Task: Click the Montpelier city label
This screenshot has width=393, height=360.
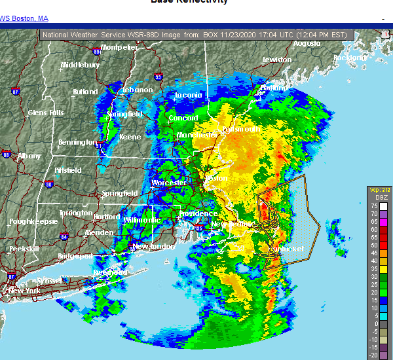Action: point(119,47)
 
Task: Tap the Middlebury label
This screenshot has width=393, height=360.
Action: point(80,65)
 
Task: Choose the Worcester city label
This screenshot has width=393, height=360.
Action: point(169,183)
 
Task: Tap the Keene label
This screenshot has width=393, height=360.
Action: point(130,137)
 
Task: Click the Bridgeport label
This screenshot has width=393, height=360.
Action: point(75,256)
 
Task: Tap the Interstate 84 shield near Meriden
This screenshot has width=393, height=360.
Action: point(64,236)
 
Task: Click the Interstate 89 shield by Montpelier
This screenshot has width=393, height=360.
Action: point(97,50)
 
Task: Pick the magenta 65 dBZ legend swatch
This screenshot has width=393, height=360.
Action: point(373,221)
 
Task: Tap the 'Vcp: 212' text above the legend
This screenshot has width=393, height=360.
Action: point(379,190)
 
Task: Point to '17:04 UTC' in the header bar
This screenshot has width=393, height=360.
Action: point(260,34)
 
